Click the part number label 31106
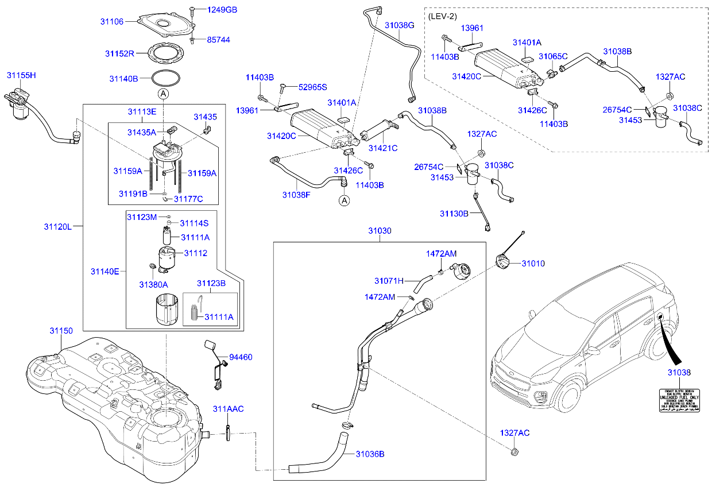coord(112,21)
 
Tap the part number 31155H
coord(21,75)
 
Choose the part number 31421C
coord(384,148)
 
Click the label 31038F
coord(296,195)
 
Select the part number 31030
coord(380,231)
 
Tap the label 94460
coord(241,357)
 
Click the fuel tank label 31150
coord(61,331)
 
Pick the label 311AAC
coord(228,409)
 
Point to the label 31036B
coord(370,454)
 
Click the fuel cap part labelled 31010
coord(502,263)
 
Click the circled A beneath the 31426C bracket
coord(344,200)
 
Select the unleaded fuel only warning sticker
coord(679,400)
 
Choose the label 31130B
coord(454,214)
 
